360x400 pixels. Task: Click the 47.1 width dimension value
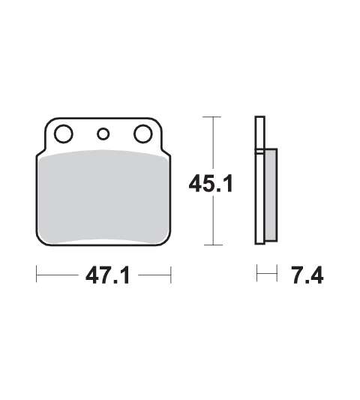tap(108, 276)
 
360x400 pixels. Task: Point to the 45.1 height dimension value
tap(211, 183)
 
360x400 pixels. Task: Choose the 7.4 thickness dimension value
tap(308, 275)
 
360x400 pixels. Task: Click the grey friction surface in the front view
tap(103, 197)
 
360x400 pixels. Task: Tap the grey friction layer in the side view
tap(271, 195)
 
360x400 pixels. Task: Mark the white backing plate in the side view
tap(260, 180)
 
